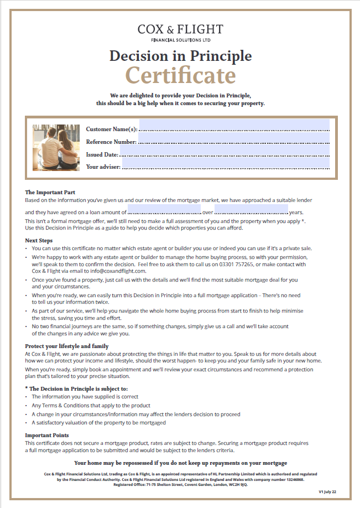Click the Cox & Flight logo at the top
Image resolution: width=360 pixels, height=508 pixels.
point(180,33)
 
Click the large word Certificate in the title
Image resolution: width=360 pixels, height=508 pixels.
point(180,75)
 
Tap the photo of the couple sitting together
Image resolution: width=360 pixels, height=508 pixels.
point(56,147)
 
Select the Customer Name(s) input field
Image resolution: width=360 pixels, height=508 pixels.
point(234,126)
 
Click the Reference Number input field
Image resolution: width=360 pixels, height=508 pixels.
point(234,138)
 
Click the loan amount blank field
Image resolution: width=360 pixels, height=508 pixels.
point(164,210)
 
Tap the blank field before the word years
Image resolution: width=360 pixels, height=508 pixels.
point(251,210)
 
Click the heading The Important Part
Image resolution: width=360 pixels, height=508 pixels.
point(50,193)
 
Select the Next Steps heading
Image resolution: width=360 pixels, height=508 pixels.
point(39,241)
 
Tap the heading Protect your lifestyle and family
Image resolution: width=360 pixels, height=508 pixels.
point(67,346)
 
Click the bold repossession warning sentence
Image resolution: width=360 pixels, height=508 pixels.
point(180,463)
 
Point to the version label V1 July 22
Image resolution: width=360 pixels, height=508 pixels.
point(327,491)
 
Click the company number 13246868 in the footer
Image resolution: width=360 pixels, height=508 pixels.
point(293,480)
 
